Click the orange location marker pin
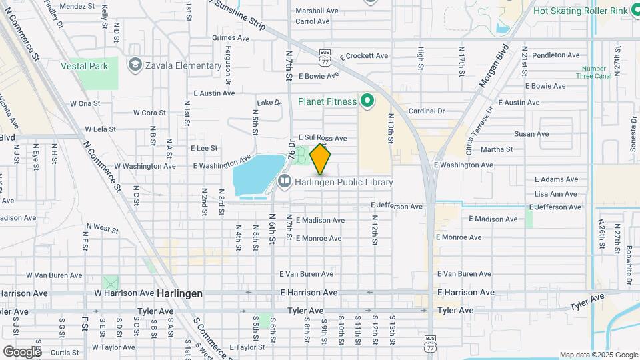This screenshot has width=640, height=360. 321,159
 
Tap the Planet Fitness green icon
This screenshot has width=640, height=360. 366,101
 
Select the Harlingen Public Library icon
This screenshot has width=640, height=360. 285,181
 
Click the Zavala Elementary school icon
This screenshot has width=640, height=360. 136,65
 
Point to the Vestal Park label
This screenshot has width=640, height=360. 84,66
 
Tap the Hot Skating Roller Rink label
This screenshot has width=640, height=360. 581,11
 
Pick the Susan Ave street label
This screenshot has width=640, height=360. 550,134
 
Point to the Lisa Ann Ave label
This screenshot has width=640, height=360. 555,194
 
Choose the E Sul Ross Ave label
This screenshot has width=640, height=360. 323,138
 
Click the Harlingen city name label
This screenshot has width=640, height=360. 179,293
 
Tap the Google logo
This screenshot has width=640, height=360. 21,351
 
